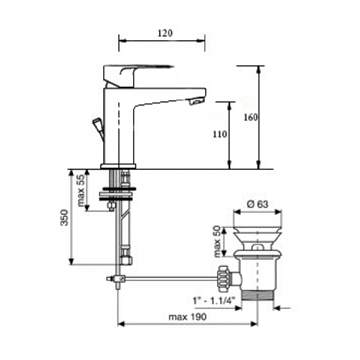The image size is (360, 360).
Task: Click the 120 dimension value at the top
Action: coord(165,33)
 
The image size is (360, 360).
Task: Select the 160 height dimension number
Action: coord(250,118)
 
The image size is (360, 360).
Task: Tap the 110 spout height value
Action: coord(220,134)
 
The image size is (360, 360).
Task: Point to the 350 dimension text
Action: coord(65,217)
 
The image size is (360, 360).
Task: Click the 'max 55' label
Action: coord(81,191)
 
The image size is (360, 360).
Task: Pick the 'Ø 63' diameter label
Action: coord(257,204)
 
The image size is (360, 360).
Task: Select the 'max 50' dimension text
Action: coord(217,241)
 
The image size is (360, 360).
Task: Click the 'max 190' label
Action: coord(188,317)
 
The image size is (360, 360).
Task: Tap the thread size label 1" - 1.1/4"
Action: coord(214,301)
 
